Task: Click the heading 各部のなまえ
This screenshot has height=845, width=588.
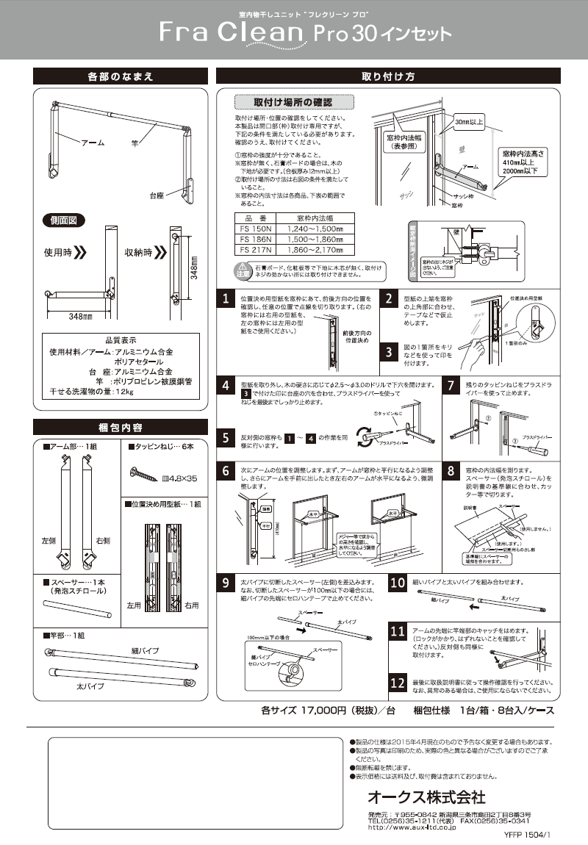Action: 120,76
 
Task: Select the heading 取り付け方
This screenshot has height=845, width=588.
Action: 387,76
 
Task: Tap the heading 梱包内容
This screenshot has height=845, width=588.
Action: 120,427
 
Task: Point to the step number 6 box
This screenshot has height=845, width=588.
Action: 229,470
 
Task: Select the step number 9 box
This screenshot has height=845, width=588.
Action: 229,584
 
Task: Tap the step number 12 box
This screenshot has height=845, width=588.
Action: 398,683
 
